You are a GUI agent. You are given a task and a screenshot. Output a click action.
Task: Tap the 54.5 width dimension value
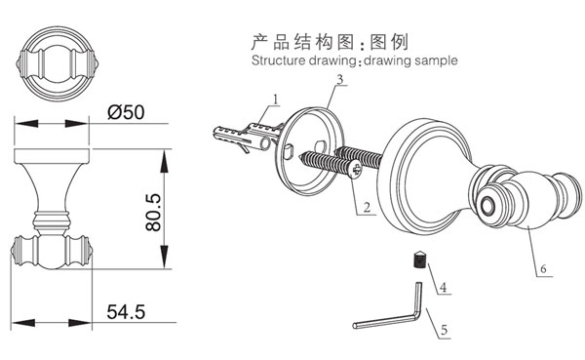(128, 313)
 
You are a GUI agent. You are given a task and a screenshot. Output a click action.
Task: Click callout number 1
(276, 99)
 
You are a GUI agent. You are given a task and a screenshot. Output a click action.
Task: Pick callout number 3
(340, 78)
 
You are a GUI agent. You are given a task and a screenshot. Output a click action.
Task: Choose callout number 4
(443, 287)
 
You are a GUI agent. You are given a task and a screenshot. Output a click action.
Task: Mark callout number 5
(444, 331)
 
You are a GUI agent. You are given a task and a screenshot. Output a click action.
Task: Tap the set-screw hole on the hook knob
(487, 206)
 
